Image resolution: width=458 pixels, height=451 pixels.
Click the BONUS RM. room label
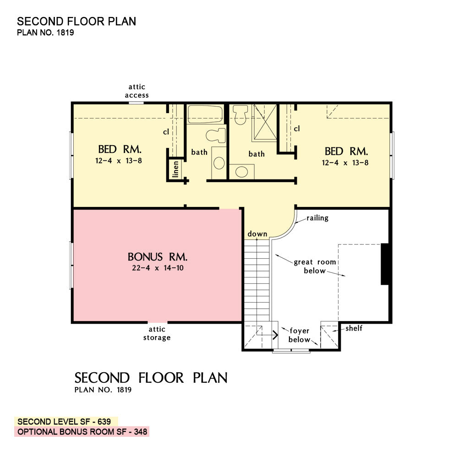pyautogui.click(x=158, y=257)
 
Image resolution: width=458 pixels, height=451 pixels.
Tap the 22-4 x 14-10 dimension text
pyautogui.click(x=158, y=268)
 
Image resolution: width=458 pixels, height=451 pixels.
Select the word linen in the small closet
pyautogui.click(x=175, y=169)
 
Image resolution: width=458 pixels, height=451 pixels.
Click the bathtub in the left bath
pyautogui.click(x=205, y=114)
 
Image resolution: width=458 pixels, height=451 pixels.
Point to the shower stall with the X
pyautogui.click(x=265, y=122)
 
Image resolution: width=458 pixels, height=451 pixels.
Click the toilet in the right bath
pyautogui.click(x=240, y=115)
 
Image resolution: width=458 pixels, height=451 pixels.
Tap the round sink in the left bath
pyautogui.click(x=219, y=163)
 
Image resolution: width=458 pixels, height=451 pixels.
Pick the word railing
pyautogui.click(x=317, y=218)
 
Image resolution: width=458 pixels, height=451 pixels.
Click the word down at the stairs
pyautogui.click(x=257, y=234)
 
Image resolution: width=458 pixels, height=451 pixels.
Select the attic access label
pyautogui.click(x=136, y=91)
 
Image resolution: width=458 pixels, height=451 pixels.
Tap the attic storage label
pyautogui.click(x=157, y=333)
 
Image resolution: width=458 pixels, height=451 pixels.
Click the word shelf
pyautogui.click(x=354, y=328)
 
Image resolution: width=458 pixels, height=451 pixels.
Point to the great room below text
pyautogui.click(x=315, y=266)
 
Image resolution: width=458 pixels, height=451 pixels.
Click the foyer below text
pyautogui.click(x=299, y=335)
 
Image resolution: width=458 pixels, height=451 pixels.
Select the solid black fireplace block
pyautogui.click(x=385, y=264)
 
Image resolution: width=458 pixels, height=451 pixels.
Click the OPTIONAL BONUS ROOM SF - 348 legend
pyautogui.click(x=82, y=432)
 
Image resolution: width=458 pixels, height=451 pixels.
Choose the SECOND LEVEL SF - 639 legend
pyautogui.click(x=64, y=422)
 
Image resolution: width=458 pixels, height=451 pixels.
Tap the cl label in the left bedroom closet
pyautogui.click(x=166, y=132)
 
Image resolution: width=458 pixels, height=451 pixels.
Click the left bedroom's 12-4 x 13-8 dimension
pyautogui.click(x=119, y=161)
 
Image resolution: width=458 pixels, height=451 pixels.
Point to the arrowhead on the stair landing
pyautogui.click(x=275, y=335)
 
